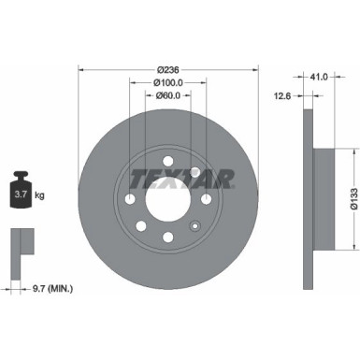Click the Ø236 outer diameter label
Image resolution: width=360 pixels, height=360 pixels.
(168, 69)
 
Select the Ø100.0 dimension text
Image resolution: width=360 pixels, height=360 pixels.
(168, 81)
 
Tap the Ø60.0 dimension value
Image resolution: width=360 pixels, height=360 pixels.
(168, 94)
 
